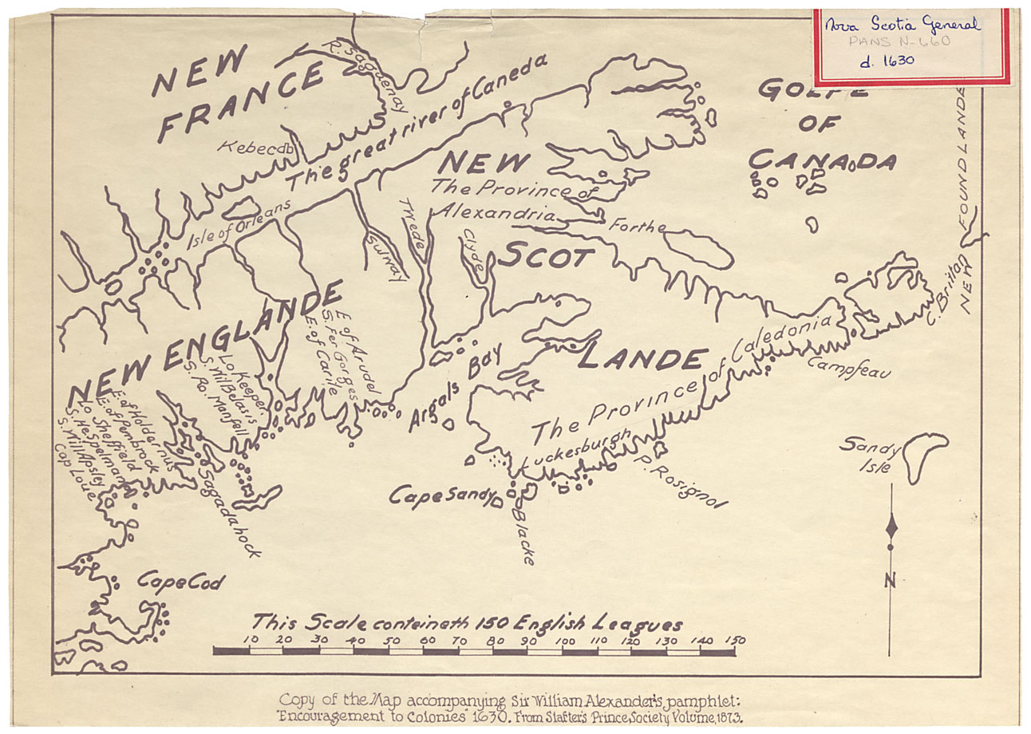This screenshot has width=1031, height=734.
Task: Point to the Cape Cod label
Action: pos(180,582)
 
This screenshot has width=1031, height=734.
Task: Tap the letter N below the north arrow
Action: pos(891,580)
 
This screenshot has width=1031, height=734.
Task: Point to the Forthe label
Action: pos(636,227)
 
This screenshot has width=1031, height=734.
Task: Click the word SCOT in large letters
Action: pos(547,258)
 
